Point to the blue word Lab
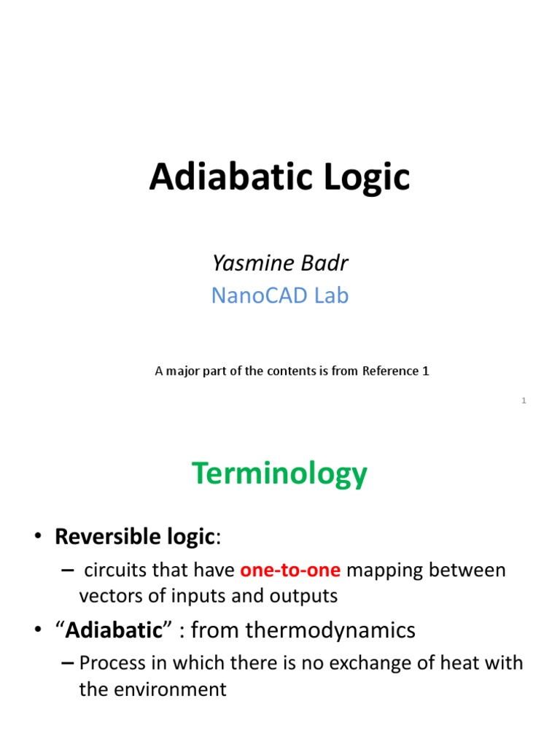pos(330,295)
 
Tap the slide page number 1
pos(524,400)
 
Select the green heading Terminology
pos(280,475)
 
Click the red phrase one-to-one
pos(290,570)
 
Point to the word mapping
pos(388,570)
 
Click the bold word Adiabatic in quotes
pos(113,630)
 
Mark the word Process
pos(112,663)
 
